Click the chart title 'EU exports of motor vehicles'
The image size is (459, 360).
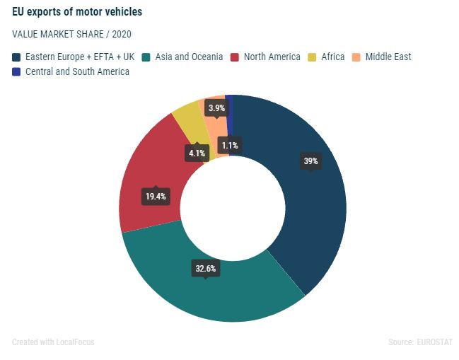pos(77,12)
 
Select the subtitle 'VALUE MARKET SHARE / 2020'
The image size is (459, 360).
pos(71,34)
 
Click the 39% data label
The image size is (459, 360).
pos(310,161)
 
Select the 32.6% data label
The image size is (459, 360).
pos(206,268)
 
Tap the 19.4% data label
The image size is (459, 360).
pos(155,196)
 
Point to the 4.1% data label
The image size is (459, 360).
pos(197,152)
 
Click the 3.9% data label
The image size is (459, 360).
pos(216,108)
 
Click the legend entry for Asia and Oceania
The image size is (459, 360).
pos(187,57)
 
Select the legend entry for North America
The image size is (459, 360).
pos(271,57)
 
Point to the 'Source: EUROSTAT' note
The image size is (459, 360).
pos(420,342)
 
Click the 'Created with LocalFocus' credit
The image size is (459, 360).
pos(53,342)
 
